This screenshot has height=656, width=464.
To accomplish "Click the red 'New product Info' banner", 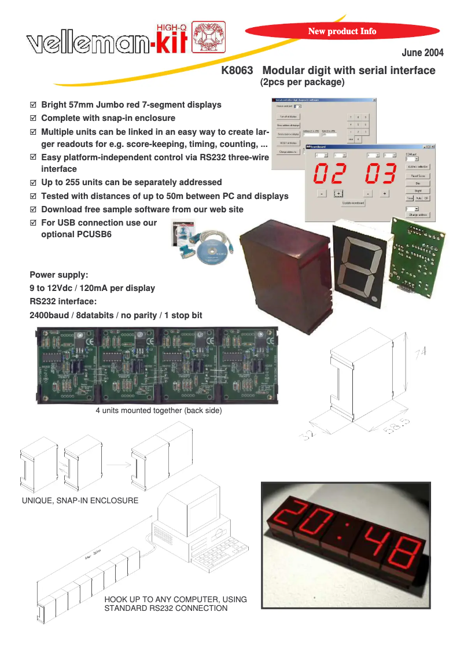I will (342, 31).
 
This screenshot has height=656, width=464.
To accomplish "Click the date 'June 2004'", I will (422, 53).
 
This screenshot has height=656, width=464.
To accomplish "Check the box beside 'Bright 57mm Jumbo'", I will (33, 105).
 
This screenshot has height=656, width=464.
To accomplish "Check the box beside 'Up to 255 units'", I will (33, 182).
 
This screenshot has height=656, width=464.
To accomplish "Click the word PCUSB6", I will (76, 234).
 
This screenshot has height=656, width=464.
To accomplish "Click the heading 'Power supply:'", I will (58, 275).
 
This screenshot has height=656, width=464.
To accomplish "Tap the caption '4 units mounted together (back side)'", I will (159, 411).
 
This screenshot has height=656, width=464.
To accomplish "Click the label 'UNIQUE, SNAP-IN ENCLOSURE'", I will (80, 500).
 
